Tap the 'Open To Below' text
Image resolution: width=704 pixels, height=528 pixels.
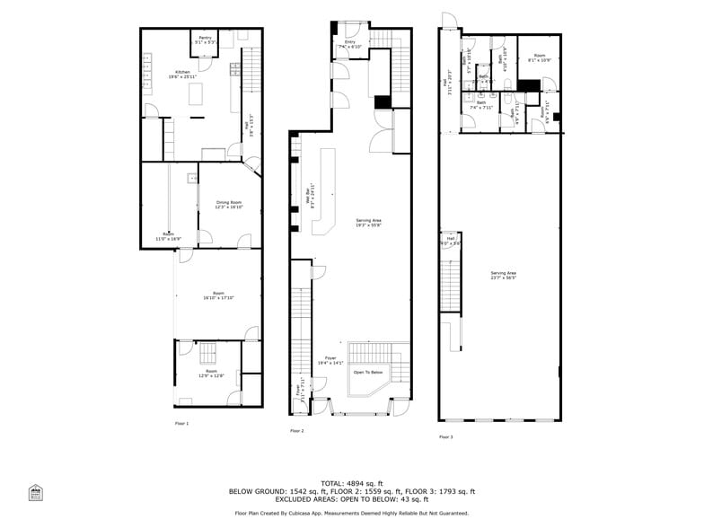point(367,372)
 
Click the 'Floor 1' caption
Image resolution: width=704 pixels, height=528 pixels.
point(182,422)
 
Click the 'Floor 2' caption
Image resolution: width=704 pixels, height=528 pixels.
point(297,431)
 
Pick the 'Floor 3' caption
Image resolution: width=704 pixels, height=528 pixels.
point(446,437)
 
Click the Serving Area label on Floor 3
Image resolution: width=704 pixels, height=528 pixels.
point(503,275)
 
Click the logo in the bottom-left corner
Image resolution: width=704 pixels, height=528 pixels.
point(36,493)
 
